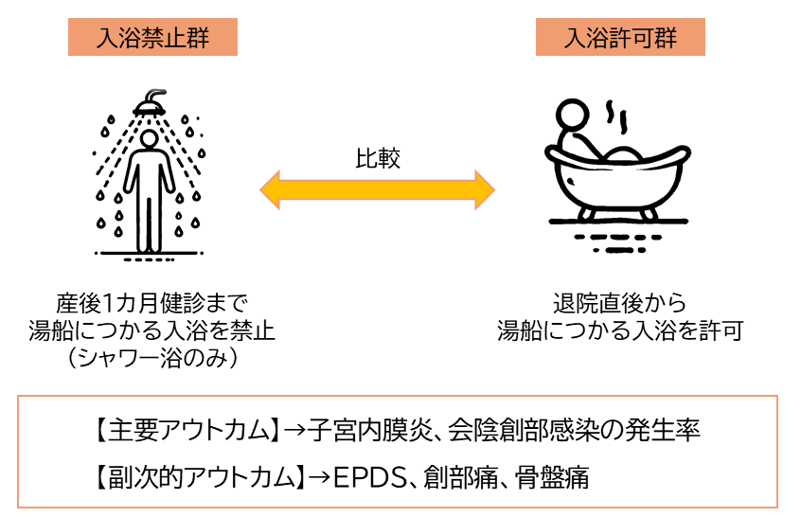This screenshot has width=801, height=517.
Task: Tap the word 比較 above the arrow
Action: pos(378,159)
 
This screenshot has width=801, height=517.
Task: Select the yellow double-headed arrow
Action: pos(378,188)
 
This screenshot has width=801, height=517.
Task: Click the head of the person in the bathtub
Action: pos(571,116)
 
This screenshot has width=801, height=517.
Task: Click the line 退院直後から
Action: pos(619,305)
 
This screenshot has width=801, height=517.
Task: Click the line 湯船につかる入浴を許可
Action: pos(620,331)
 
